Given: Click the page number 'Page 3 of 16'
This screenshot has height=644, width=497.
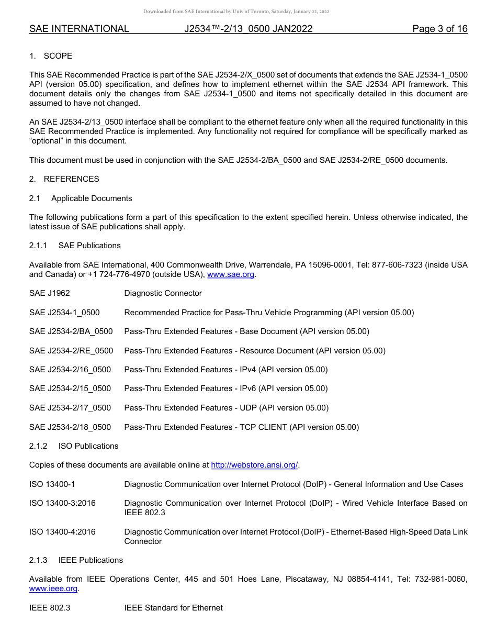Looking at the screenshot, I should (x=439, y=29).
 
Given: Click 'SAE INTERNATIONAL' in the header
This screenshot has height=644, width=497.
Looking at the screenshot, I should (x=79, y=29).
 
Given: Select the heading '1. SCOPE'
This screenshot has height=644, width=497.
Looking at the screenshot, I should (x=51, y=56).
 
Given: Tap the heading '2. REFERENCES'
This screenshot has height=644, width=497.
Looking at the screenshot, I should (x=64, y=179).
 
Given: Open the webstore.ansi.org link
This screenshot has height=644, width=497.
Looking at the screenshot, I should (x=254, y=465).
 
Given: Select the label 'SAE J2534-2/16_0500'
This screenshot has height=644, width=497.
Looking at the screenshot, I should (x=70, y=370).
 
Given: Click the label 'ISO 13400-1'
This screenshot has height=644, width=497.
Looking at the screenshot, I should (x=52, y=484).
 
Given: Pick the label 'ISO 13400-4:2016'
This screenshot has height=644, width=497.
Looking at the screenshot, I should (x=62, y=532).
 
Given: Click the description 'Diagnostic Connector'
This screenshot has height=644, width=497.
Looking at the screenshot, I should (x=163, y=293).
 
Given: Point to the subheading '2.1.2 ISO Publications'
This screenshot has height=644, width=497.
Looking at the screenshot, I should (x=74, y=446).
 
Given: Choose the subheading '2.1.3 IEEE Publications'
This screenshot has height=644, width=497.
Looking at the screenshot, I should (x=76, y=560).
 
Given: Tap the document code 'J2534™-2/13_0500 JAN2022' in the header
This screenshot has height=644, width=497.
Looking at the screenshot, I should (x=248, y=29).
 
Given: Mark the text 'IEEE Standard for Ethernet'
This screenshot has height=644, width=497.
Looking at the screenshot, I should (x=173, y=608).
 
